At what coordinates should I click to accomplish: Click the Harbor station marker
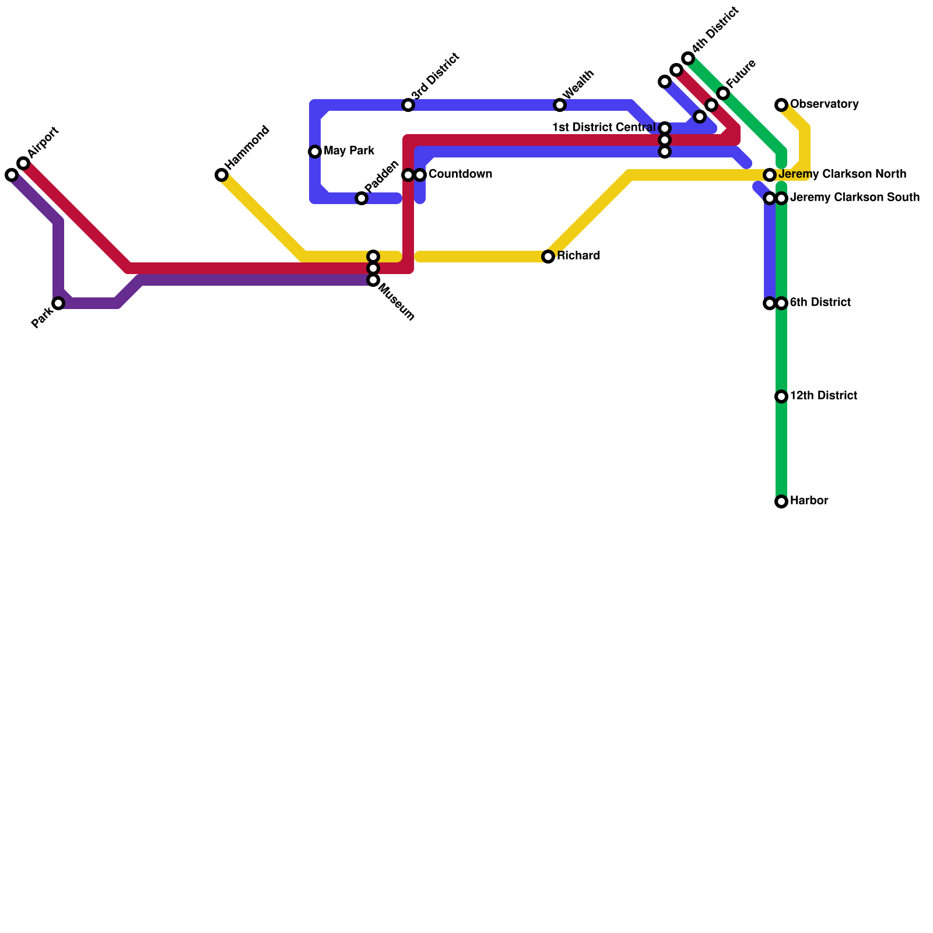(x=781, y=501)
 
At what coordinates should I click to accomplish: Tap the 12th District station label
(x=823, y=396)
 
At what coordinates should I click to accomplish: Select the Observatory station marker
(x=781, y=105)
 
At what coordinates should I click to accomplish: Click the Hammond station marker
(x=222, y=175)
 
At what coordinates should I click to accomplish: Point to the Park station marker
(x=58, y=303)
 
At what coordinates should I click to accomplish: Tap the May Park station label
(x=349, y=151)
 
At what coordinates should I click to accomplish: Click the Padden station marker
(x=362, y=198)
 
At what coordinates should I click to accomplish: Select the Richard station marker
(x=548, y=257)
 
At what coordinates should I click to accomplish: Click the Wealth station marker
(x=560, y=105)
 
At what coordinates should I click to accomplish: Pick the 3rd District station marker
(x=408, y=105)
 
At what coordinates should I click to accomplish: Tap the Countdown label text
(x=460, y=174)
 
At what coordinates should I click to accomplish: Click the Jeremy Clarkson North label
(x=842, y=174)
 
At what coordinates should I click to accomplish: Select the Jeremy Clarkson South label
(x=854, y=198)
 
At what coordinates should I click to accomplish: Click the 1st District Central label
(x=604, y=127)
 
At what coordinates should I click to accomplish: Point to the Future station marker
(x=723, y=93)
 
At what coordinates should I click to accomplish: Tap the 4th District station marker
(x=688, y=58)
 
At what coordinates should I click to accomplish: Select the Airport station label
(x=43, y=142)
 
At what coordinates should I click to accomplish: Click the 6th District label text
(x=820, y=303)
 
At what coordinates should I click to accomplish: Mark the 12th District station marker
(x=781, y=397)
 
